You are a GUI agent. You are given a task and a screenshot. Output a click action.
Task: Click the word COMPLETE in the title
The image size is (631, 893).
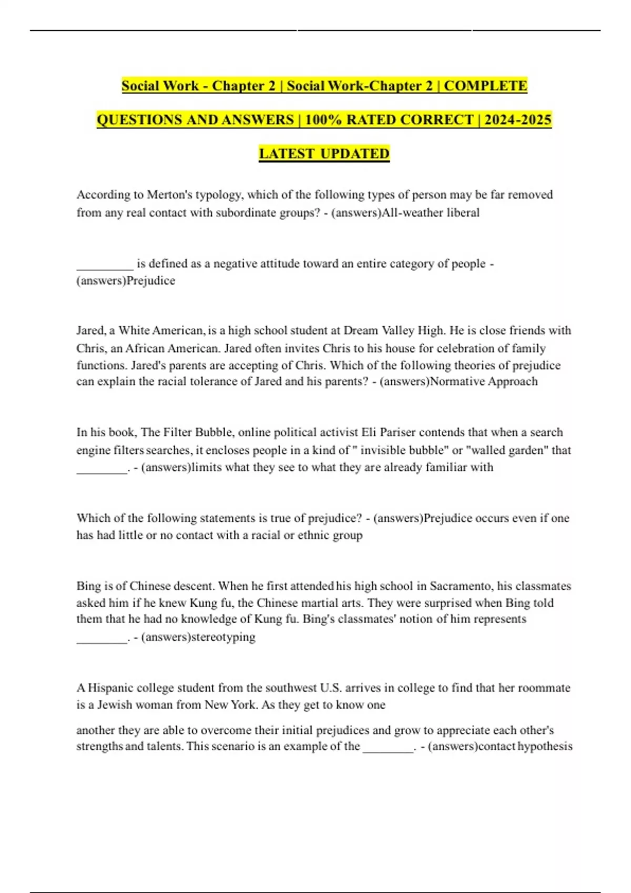(485, 86)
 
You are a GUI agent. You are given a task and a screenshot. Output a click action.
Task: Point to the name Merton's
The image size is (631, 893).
(169, 195)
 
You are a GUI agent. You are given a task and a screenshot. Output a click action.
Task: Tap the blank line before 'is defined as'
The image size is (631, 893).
(105, 264)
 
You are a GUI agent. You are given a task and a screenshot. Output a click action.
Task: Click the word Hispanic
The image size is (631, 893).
(110, 688)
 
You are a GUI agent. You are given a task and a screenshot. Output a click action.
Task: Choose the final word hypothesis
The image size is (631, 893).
(545, 746)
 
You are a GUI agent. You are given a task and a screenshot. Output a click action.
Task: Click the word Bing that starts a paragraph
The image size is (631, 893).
(87, 586)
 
